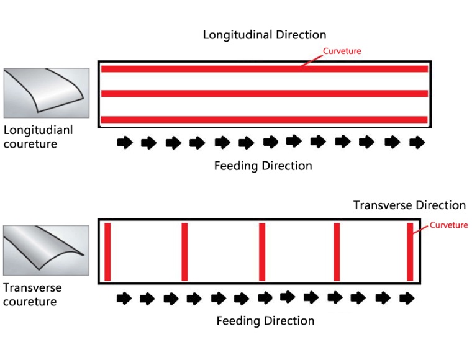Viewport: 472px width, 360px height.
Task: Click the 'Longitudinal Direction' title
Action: (x=265, y=35)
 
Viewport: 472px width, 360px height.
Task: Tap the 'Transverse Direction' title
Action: (x=409, y=205)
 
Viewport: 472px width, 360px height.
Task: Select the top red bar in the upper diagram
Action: (x=265, y=69)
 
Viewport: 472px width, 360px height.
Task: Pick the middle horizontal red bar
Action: (x=265, y=94)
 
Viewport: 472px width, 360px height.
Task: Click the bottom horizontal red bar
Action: (x=264, y=120)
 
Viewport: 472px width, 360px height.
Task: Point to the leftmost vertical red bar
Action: (x=107, y=252)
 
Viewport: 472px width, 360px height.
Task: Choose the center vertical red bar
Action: (x=262, y=252)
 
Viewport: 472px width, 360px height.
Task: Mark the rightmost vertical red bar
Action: (x=410, y=252)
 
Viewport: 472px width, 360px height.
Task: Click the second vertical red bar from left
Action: (x=184, y=252)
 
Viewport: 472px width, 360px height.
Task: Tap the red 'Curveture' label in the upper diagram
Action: (x=342, y=51)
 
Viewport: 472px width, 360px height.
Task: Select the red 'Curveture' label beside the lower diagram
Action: (x=448, y=225)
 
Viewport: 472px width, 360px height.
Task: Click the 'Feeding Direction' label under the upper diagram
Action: (x=263, y=166)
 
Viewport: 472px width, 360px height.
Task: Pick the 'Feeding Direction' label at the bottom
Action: (x=265, y=321)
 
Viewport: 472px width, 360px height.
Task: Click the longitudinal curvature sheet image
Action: (x=47, y=93)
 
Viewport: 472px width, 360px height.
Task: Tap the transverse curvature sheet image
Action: (x=46, y=250)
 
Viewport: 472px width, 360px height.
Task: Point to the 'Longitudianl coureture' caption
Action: (x=38, y=137)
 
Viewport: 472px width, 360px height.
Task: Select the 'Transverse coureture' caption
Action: (x=32, y=295)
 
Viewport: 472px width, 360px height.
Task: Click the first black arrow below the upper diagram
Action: (x=125, y=142)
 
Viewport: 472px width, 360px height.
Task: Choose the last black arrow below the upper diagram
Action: (x=417, y=142)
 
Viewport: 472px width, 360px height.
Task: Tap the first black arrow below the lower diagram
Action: (x=124, y=299)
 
